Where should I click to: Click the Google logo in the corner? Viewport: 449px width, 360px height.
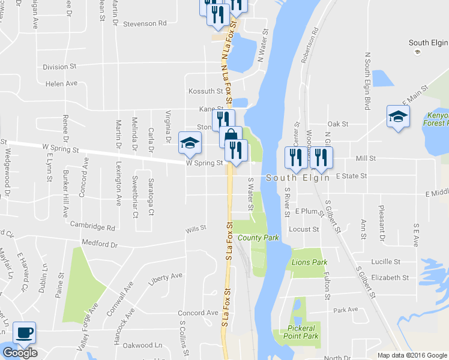(20, 353)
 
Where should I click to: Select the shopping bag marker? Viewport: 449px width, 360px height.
(230, 136)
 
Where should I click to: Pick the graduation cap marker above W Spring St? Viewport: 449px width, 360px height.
(190, 142)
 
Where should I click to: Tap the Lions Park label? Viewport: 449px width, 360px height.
(309, 262)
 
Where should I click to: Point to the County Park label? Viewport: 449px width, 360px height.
(258, 238)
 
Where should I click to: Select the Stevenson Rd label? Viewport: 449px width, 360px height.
(145, 24)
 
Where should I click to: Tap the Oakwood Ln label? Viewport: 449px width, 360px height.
(142, 345)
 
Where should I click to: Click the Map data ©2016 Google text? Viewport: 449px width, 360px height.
(412, 355)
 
